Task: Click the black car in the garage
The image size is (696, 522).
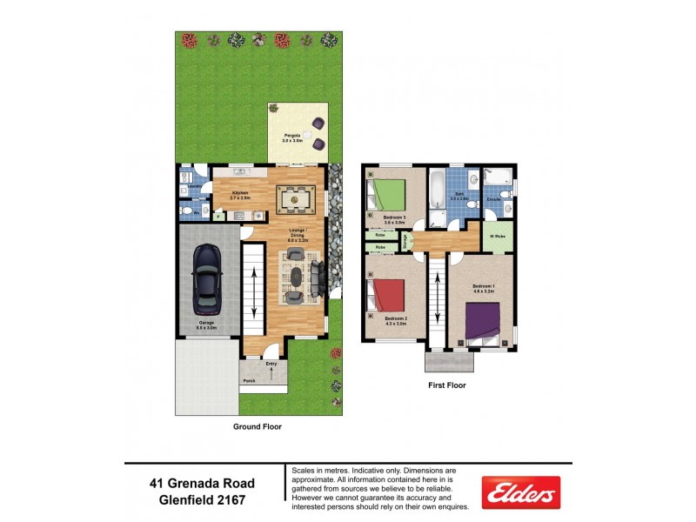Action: [x=206, y=278]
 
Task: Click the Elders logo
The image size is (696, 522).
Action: [x=520, y=493]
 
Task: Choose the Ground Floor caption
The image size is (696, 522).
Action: [x=257, y=427]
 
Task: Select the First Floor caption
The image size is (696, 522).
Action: [x=446, y=385]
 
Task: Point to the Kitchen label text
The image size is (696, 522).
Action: [x=239, y=192]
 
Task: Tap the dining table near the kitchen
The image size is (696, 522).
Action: [x=295, y=199]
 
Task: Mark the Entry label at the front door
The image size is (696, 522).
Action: [x=271, y=363]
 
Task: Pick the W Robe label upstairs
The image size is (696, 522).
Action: [x=498, y=234]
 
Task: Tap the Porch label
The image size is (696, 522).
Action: [x=249, y=380]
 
